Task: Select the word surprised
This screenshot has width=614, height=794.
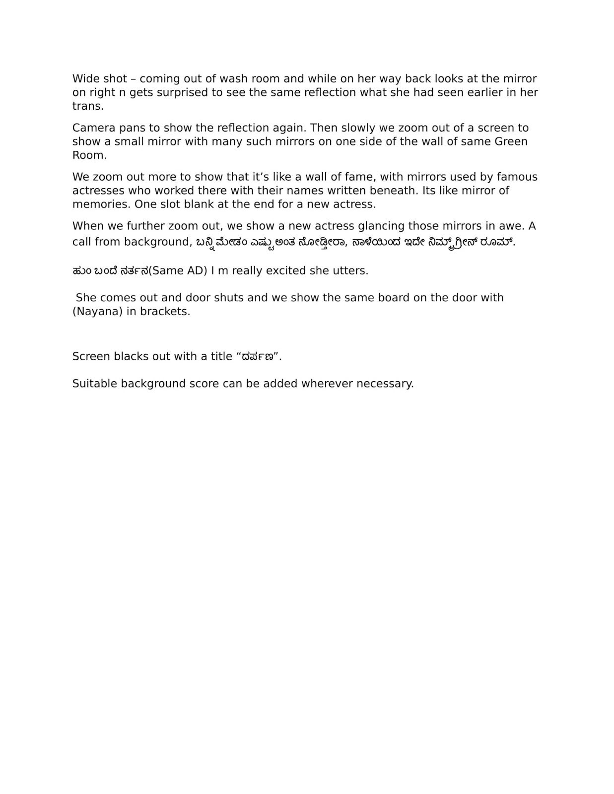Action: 180,92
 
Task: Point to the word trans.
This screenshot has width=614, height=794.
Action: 87,106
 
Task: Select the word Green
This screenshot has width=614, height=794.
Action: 511,141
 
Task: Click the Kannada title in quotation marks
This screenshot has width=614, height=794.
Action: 257,357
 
